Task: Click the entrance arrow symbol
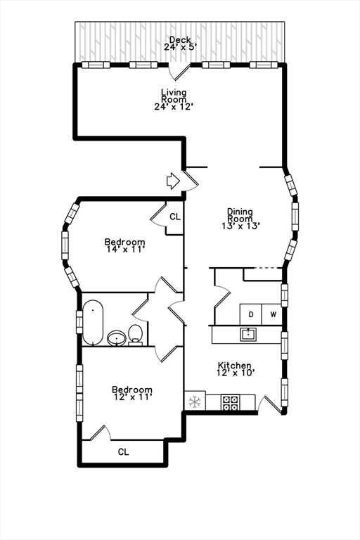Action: click(173, 181)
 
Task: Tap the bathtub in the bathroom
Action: click(93, 323)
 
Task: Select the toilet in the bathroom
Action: click(136, 335)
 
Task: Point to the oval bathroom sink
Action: click(117, 338)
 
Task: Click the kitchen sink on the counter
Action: click(248, 334)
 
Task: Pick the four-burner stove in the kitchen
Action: click(230, 403)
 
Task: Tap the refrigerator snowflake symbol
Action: click(195, 401)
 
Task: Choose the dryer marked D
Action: click(251, 314)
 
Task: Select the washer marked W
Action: click(273, 314)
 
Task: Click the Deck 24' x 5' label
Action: click(180, 44)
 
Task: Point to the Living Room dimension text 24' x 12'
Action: click(173, 107)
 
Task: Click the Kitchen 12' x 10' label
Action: click(235, 369)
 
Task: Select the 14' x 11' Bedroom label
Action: click(124, 245)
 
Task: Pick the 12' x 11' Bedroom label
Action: click(132, 393)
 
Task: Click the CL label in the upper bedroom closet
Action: click(175, 217)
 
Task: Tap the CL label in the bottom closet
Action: click(123, 452)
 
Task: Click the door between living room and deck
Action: click(179, 72)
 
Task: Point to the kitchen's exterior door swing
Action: click(270, 404)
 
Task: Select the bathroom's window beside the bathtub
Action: click(79, 322)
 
